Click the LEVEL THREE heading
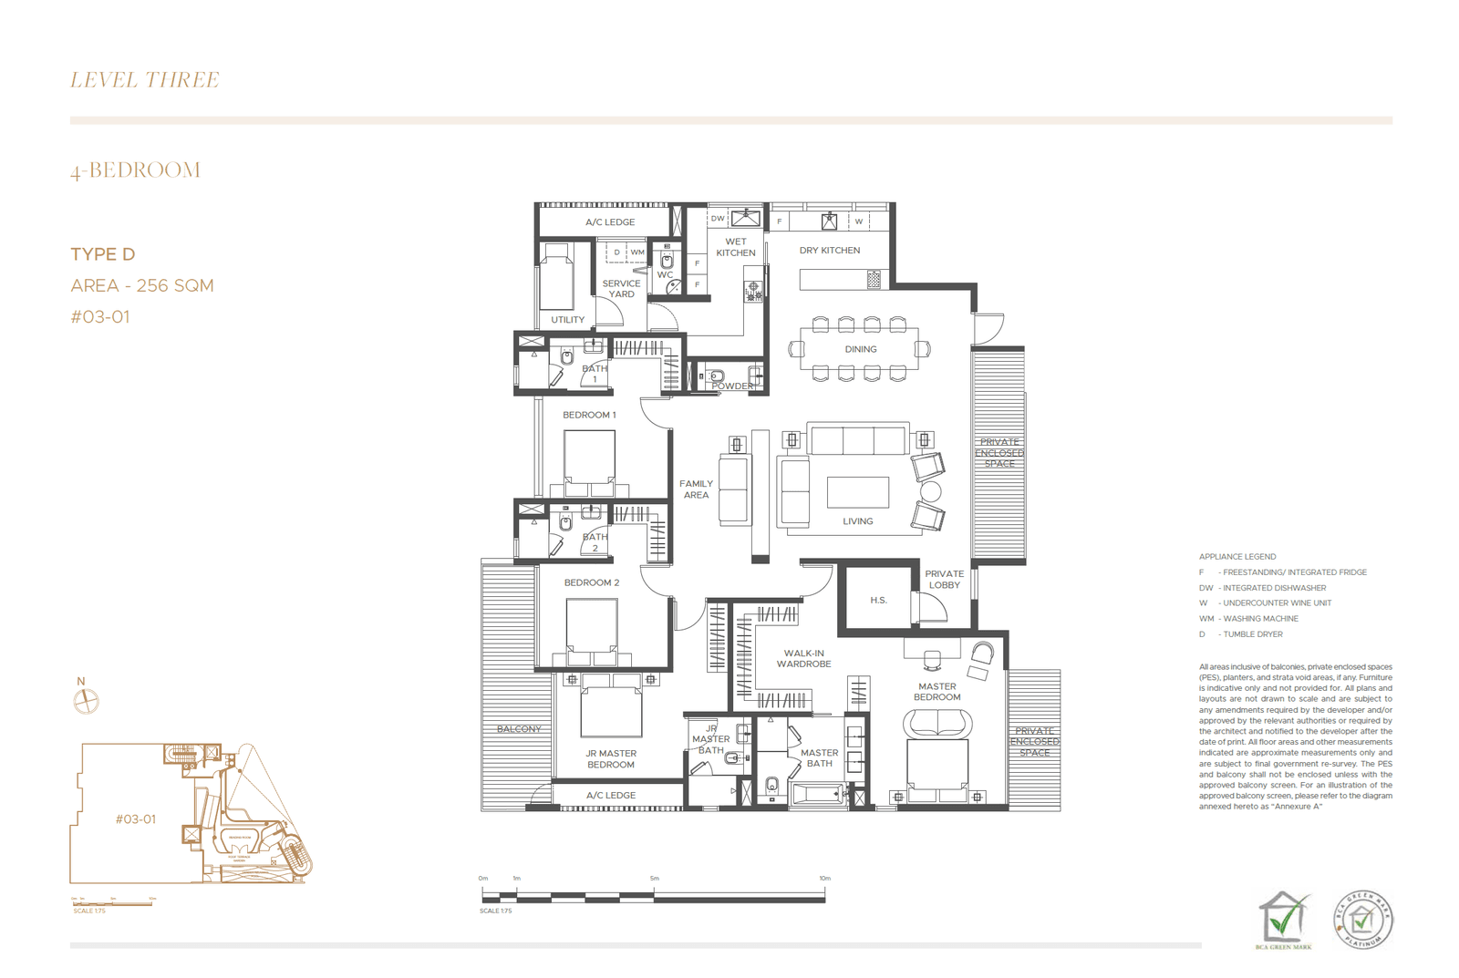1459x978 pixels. pos(144,80)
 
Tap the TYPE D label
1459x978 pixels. pos(102,254)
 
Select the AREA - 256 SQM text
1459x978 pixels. pos(142,285)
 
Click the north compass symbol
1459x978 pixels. pos(86,701)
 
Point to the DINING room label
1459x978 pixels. pos(860,349)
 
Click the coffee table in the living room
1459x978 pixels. pos(857,492)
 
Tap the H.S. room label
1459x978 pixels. pos(878,600)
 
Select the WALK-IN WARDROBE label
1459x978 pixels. pos(803,658)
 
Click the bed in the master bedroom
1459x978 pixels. pos(936,767)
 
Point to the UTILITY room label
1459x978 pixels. pos(567,320)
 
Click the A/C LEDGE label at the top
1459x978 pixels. pos(610,222)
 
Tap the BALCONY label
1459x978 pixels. pos(519,729)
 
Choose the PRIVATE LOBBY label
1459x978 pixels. pos(944,580)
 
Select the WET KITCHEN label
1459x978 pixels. pos(735,247)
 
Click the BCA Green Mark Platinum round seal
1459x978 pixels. pos(1363,919)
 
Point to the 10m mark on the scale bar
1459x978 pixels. pos(824,879)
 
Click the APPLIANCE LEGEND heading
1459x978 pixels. pos(1237,557)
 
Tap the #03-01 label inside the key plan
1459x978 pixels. pos(135,819)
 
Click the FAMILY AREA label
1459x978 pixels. pos(696,489)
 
